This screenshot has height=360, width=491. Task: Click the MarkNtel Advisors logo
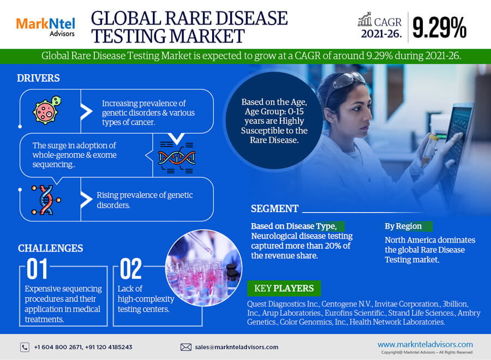[46, 27]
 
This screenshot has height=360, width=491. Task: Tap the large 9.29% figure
[439, 28]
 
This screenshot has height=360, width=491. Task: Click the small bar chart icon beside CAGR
[365, 20]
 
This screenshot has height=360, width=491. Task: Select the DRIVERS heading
[38, 78]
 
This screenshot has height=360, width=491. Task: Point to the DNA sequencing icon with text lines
[177, 158]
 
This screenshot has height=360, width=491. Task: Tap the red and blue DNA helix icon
[46, 200]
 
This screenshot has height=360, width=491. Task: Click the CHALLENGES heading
[50, 248]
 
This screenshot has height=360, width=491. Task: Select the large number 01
[37, 268]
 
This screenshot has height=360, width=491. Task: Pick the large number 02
[131, 268]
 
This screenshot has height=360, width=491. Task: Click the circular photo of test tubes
[204, 268]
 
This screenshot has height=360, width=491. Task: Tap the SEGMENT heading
[274, 209]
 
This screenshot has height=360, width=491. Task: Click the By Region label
[403, 226]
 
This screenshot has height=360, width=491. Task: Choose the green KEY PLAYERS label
[284, 289]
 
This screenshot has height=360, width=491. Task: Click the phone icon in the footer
[25, 347]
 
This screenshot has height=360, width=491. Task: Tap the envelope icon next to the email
[185, 347]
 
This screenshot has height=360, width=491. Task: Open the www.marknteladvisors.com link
[425, 344]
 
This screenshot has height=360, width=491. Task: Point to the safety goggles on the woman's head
[348, 80]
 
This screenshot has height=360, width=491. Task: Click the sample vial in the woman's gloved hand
[428, 149]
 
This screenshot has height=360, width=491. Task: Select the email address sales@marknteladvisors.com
[237, 347]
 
